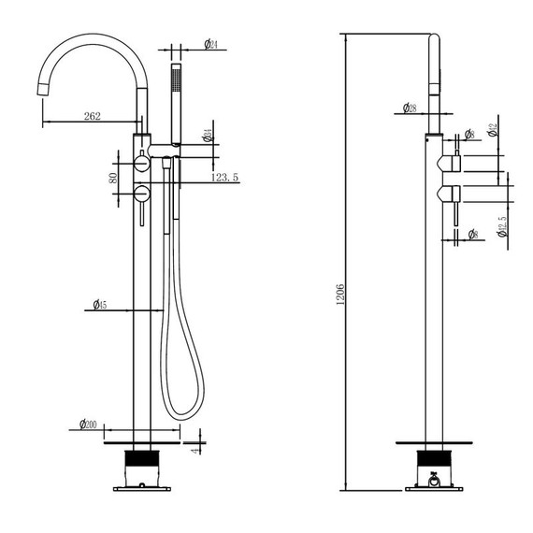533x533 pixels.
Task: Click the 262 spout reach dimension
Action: point(92,116)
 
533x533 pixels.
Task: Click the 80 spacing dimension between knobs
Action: point(112,177)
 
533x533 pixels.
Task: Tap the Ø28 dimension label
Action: point(410,108)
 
